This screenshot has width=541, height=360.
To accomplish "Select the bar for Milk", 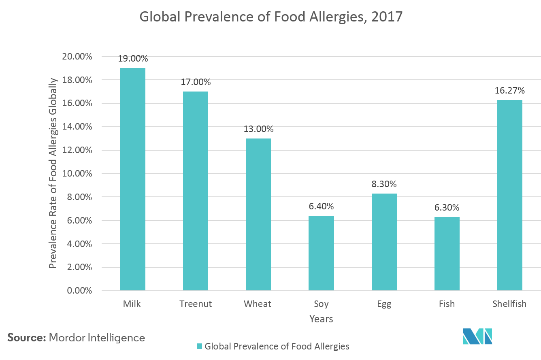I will click(132, 179).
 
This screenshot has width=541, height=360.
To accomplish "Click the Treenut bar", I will click(195, 191).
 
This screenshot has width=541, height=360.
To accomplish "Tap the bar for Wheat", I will click(258, 214).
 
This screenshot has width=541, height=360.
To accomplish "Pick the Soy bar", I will click(321, 253).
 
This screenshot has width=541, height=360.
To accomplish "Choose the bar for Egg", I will click(384, 242).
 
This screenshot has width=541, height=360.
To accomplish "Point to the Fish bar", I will click(447, 253).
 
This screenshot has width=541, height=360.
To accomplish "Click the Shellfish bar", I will click(509, 195).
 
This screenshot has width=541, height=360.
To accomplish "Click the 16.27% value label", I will click(509, 90).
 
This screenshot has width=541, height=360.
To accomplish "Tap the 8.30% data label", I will click(384, 184).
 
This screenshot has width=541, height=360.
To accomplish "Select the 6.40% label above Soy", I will click(321, 207).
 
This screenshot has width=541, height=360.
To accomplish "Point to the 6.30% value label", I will click(447, 208).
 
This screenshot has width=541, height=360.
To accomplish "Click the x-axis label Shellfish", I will click(509, 304).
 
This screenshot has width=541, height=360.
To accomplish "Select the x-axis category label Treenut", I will click(196, 304).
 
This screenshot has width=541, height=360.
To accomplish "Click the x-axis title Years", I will click(321, 319).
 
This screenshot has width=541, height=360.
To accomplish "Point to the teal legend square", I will click(199, 346).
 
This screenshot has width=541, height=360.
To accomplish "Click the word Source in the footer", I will click(26, 337).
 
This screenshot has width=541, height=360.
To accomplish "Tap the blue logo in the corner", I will click(477, 336).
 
